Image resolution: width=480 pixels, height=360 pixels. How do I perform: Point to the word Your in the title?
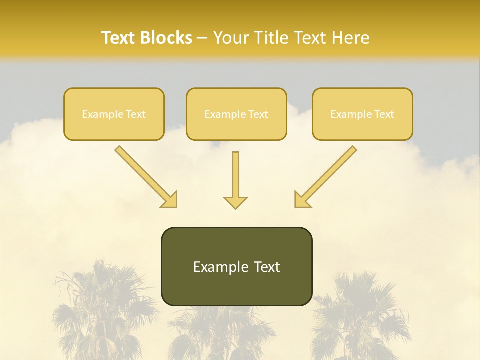(232, 38)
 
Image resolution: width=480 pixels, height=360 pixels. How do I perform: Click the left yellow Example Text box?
(114, 114)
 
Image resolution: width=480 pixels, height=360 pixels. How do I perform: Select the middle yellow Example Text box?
(236, 114)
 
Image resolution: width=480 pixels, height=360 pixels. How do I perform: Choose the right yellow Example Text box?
(362, 114)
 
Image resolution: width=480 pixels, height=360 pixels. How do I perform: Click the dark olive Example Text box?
(236, 266)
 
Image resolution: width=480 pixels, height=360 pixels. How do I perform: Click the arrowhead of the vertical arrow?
(235, 202)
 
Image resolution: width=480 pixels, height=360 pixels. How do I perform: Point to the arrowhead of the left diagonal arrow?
(169, 199)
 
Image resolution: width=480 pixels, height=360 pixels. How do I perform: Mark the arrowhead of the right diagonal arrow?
(302, 199)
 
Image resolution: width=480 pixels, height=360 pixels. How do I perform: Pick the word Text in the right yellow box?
(384, 114)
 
